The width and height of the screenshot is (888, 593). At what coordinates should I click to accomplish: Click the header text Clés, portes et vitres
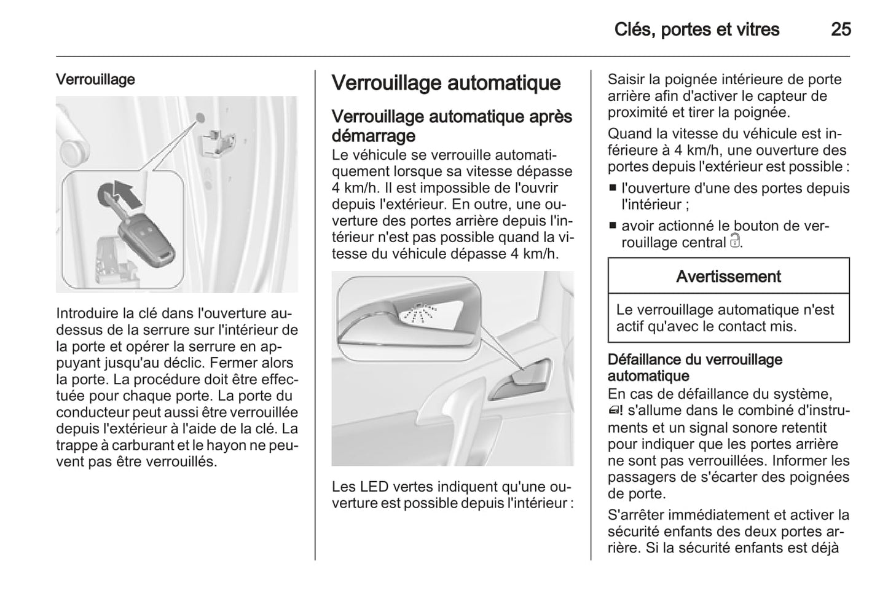(x=696, y=29)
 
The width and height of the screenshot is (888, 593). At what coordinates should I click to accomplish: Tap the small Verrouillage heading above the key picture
(x=95, y=80)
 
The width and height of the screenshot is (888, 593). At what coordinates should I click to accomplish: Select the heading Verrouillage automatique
(x=446, y=84)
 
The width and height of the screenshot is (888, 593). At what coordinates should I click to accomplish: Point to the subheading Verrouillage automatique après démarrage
(x=451, y=125)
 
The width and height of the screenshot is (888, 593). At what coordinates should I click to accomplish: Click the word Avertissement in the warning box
(x=728, y=277)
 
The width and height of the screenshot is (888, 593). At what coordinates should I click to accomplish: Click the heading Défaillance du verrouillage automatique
(x=694, y=367)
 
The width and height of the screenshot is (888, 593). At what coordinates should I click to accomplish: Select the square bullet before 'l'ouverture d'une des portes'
(x=613, y=189)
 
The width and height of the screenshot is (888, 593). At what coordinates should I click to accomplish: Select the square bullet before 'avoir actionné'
(x=613, y=226)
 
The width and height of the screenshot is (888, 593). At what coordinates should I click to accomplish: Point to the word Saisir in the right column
(x=626, y=80)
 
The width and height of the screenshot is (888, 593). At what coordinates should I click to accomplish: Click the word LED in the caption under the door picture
(x=374, y=487)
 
